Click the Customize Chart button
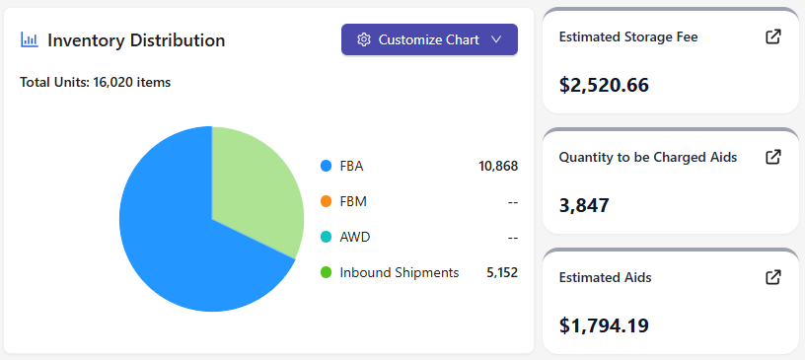coord(429,39)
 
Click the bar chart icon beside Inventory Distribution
coord(30,40)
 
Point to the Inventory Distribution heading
coord(136,40)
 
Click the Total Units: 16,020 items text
coord(95,82)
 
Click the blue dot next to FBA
coord(326,166)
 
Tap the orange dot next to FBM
coord(326,201)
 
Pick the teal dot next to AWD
coord(326,237)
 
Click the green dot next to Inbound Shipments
coord(326,272)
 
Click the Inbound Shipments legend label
coord(400,272)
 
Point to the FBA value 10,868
coord(498,166)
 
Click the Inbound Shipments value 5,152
coord(502,272)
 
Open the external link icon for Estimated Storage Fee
coord(773,36)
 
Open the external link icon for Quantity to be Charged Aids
coord(773,157)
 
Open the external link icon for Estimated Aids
coord(773,277)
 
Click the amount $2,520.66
coord(604,85)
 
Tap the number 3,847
coord(584,205)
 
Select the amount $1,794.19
coord(604,325)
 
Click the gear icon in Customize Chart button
coord(364,39)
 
